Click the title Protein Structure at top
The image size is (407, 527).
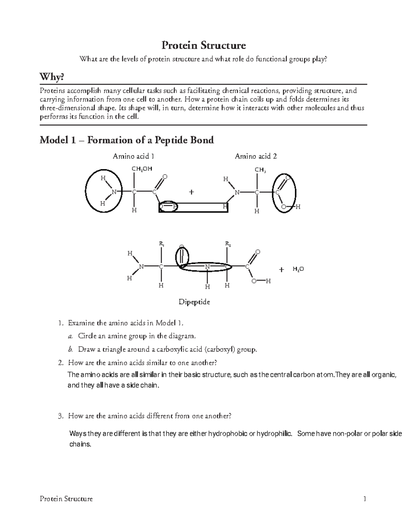[x=203, y=45]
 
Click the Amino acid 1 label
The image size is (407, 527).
[x=133, y=156]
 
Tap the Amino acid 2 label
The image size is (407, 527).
[x=256, y=156]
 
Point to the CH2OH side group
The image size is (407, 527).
[x=142, y=168]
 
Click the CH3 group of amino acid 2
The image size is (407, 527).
[x=260, y=170]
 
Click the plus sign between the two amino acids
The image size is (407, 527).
[x=192, y=192]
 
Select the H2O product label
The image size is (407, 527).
[x=298, y=269]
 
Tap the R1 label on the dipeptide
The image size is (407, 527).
[x=161, y=244]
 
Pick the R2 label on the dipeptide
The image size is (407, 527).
[x=228, y=244]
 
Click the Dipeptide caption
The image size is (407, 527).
[x=194, y=302]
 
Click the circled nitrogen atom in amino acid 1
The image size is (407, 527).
[x=114, y=192]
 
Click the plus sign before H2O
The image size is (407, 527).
[x=281, y=269]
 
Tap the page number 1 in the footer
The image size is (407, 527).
[x=365, y=498]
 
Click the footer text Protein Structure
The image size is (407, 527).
[x=66, y=498]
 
